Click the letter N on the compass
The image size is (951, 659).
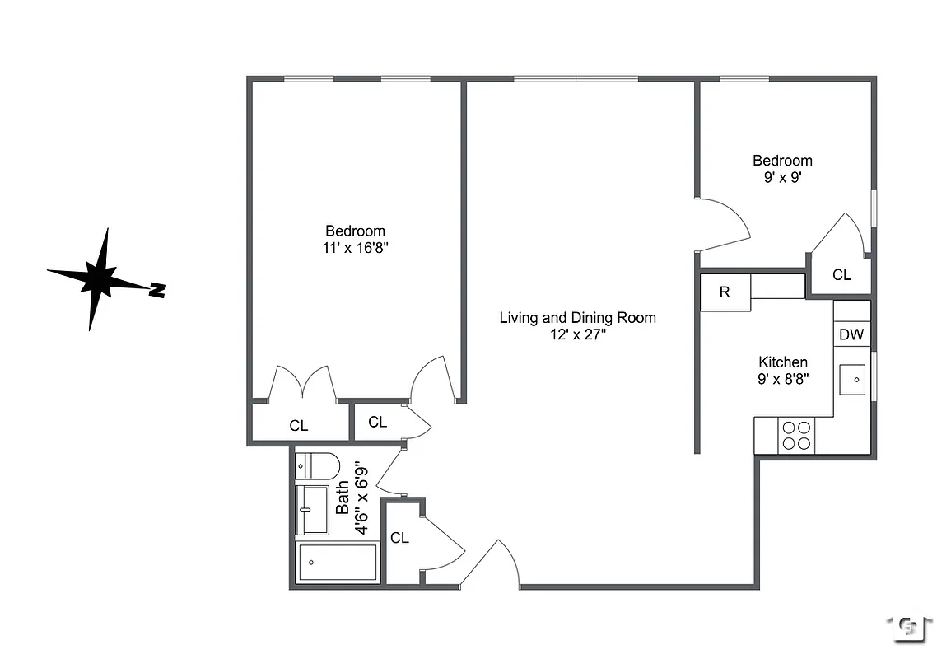[157, 290]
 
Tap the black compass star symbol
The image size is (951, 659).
[100, 278]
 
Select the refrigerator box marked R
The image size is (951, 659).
[725, 292]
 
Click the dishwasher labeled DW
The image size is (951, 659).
[851, 334]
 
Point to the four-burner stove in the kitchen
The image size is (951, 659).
[796, 435]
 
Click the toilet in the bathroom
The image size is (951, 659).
[317, 467]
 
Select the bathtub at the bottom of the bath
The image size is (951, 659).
[337, 563]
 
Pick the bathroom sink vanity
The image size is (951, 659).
[312, 510]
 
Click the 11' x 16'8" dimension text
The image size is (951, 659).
[355, 248]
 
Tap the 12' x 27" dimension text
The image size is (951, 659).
[577, 334]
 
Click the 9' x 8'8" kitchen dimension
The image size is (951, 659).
[782, 379]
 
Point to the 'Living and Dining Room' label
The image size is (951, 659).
[577, 317]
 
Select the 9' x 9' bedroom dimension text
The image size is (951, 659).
[782, 177]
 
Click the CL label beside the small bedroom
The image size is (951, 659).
[841, 275]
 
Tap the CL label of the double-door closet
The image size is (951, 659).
[299, 426]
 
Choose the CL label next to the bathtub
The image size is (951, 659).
[400, 538]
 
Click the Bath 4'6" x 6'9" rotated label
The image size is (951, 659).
[352, 498]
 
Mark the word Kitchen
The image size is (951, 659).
[782, 362]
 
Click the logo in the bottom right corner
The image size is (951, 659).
[909, 628]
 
